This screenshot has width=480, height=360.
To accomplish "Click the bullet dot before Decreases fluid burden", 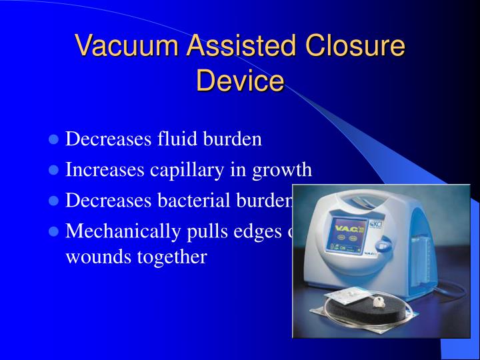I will pyautogui.click(x=55, y=141).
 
